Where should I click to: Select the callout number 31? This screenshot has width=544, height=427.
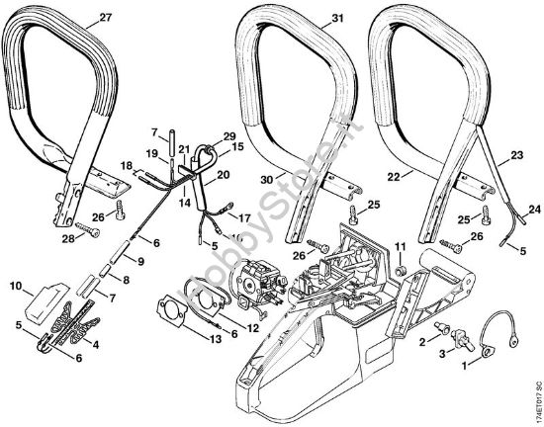310,19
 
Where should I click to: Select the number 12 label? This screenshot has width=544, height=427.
253,327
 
